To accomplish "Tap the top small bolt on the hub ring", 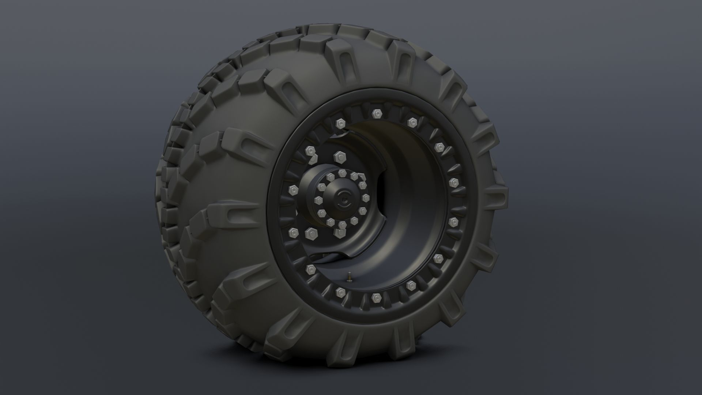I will pos(342,172).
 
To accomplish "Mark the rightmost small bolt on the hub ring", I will pos(366,198).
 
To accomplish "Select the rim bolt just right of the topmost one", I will pos(412,122).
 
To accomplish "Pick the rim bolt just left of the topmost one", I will pos(340,123).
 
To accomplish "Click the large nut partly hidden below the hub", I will pos(340,232).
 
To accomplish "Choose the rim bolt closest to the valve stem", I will pos(340,291).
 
